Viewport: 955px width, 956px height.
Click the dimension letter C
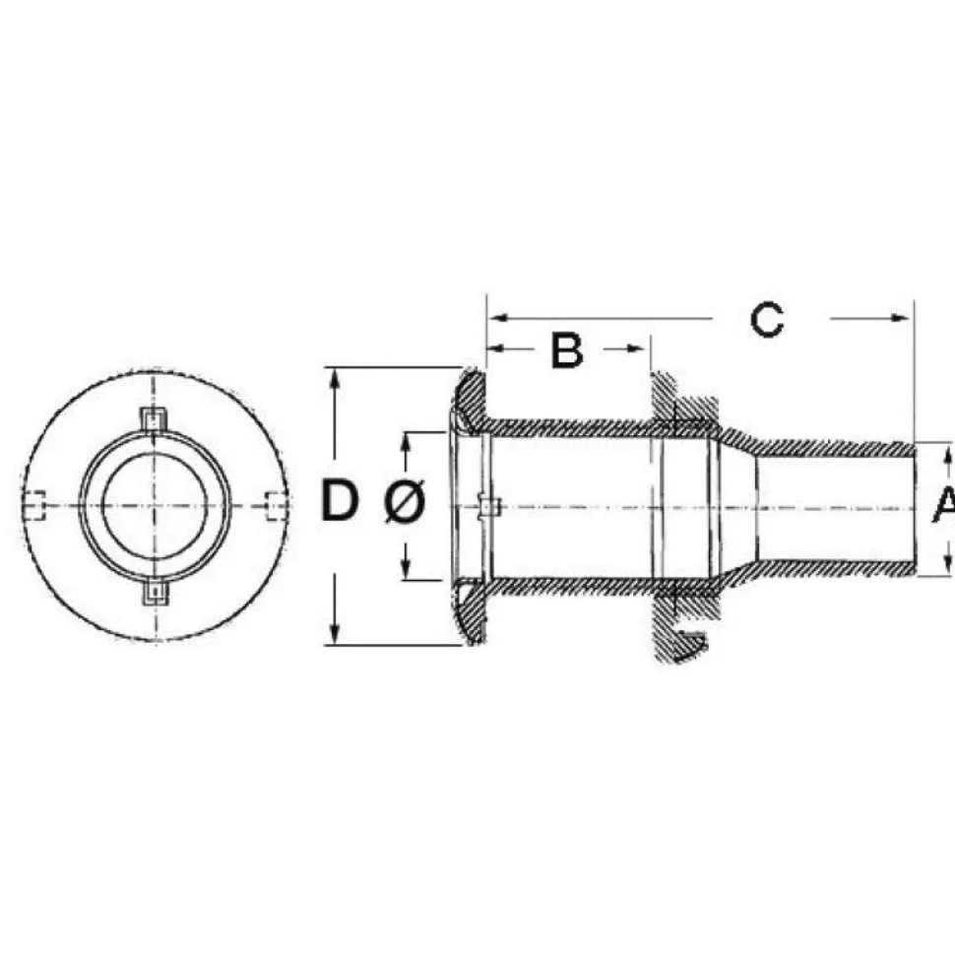tap(767, 319)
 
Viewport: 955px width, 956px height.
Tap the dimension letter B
tap(566, 350)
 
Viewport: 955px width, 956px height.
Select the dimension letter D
tap(340, 500)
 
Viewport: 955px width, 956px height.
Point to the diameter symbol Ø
tap(406, 501)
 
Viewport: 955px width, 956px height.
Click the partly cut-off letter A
tap(944, 504)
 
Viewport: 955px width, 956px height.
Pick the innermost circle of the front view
tap(102, 505)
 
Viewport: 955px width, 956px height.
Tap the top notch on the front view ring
tap(155, 418)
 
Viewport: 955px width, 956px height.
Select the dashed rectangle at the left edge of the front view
tap(34, 505)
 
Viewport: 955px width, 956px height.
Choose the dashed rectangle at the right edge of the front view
tap(278, 505)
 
